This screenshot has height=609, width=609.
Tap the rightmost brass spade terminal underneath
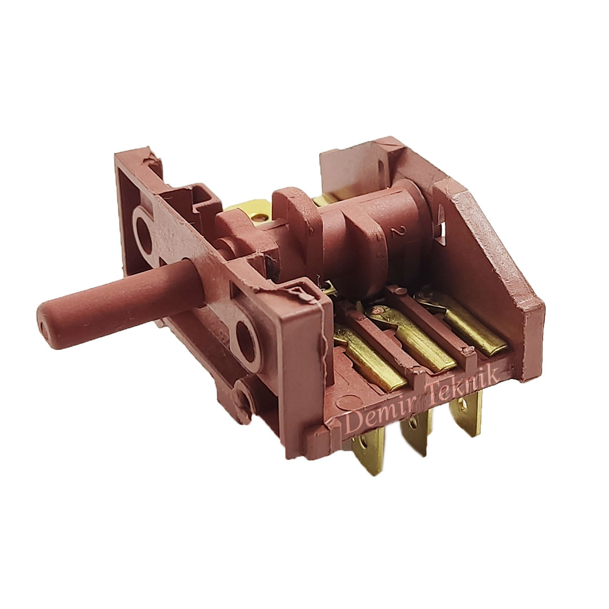pyautogui.click(x=465, y=412)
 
